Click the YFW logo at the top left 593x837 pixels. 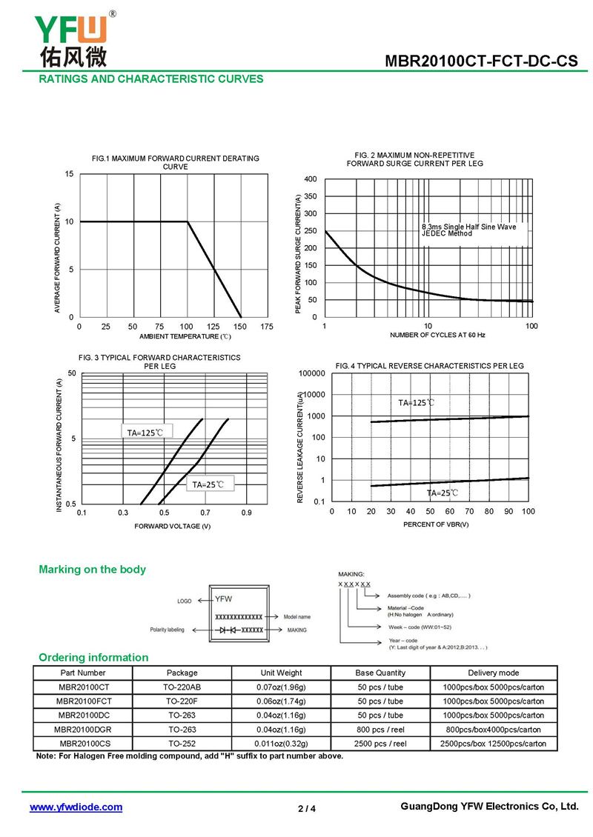(72, 39)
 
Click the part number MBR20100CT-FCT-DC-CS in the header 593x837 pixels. (481, 62)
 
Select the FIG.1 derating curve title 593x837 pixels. (176, 162)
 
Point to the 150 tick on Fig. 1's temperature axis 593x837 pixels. (239, 327)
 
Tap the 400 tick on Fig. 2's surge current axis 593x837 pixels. (311, 180)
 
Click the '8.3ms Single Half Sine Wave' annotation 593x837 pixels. (469, 227)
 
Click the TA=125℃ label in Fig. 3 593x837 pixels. (145, 432)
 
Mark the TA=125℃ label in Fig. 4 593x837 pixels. (416, 403)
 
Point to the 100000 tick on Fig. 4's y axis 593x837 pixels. (311, 373)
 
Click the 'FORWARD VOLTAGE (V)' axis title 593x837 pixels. (173, 526)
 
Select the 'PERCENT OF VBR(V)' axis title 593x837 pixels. (436, 524)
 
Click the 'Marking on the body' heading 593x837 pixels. (92, 570)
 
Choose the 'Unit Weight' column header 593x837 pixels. (281, 673)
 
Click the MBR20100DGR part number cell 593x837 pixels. (82, 730)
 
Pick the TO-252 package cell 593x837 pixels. (182, 744)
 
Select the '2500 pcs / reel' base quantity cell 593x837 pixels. (380, 744)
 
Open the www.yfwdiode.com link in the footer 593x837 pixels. (76, 807)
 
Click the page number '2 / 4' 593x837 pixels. (307, 808)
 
